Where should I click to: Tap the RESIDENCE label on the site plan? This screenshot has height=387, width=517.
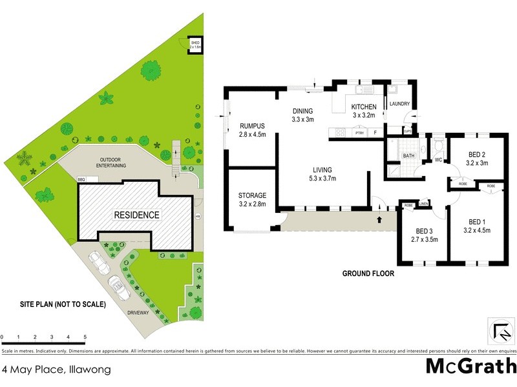click(x=137, y=214)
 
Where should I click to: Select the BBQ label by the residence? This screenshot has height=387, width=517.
click(x=81, y=179)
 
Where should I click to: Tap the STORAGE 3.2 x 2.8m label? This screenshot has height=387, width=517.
click(x=253, y=195)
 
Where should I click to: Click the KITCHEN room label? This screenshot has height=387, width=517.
click(x=363, y=106)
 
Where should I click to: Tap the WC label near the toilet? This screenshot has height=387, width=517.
click(x=438, y=160)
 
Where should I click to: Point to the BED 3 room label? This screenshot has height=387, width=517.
click(x=424, y=231)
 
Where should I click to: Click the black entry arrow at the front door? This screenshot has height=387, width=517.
click(x=378, y=220)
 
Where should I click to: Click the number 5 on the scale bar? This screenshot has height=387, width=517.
click(x=85, y=337)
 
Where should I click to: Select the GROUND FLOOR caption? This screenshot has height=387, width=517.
click(x=368, y=273)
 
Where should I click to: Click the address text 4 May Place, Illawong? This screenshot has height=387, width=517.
click(x=56, y=370)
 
